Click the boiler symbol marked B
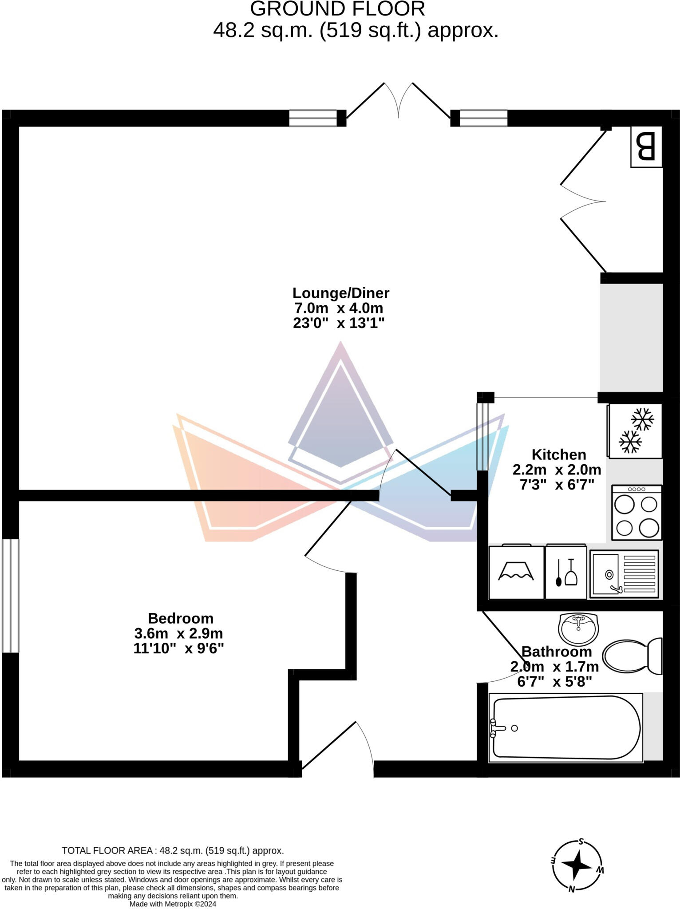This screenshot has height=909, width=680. (x=646, y=147)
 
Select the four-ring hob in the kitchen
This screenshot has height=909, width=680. (x=637, y=513)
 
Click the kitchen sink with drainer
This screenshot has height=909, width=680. (x=624, y=574)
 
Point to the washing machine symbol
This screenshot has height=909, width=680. (x=516, y=573)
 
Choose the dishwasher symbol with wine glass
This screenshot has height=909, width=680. (x=566, y=573)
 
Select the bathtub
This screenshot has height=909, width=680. (x=566, y=728)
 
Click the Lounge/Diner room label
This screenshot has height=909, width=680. (x=340, y=293)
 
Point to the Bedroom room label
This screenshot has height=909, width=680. (x=180, y=618)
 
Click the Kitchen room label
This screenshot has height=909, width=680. (x=558, y=454)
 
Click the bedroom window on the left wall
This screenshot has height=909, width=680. (x=10, y=596)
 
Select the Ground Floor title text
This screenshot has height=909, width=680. (x=337, y=9)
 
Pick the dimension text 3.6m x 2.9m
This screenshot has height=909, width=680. (x=178, y=633)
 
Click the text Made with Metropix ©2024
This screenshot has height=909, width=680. (x=173, y=904)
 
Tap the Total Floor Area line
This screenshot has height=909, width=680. (x=173, y=850)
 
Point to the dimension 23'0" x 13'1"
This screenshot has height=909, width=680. (x=338, y=323)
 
